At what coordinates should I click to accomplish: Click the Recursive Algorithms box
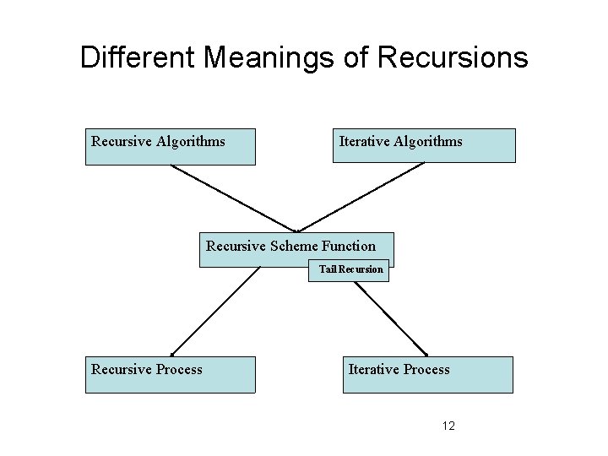[x=170, y=146]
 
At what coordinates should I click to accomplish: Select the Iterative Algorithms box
[x=423, y=145]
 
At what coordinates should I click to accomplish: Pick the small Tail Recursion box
[x=350, y=270]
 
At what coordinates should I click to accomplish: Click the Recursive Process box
[x=170, y=374]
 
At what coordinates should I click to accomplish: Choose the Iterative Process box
[x=427, y=374]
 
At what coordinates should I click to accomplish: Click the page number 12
[x=448, y=426]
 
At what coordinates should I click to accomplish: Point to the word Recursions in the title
[x=453, y=58]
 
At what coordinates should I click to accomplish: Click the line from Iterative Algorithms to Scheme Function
[x=361, y=197]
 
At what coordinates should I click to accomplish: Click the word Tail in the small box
[x=327, y=270]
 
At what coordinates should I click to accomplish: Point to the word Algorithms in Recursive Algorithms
[x=190, y=141]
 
